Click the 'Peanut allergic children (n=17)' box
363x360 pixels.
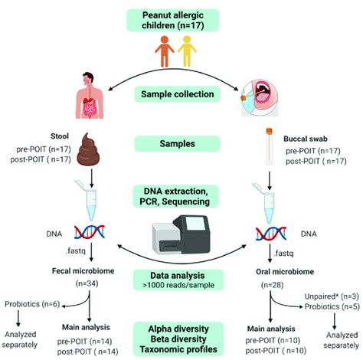point(181,21)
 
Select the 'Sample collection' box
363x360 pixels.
point(181,94)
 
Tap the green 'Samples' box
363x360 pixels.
point(181,143)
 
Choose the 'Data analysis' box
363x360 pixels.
point(181,280)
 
